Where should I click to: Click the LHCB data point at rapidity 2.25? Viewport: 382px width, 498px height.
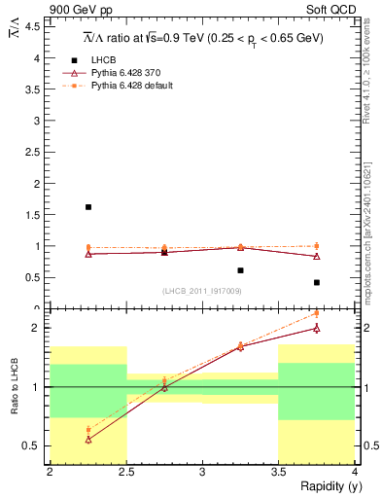click(88, 207)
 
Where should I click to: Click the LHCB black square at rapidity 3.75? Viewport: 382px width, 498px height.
click(317, 283)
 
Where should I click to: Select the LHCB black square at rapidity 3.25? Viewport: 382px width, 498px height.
click(240, 270)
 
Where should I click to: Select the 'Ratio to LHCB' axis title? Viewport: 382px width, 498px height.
click(15, 387)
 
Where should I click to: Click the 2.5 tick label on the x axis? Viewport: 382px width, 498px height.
click(125, 472)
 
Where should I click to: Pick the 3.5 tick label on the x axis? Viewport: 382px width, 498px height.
click(278, 472)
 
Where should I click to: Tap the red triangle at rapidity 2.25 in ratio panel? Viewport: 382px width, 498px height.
click(88, 440)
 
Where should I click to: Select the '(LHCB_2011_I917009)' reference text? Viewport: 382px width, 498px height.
click(201, 291)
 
